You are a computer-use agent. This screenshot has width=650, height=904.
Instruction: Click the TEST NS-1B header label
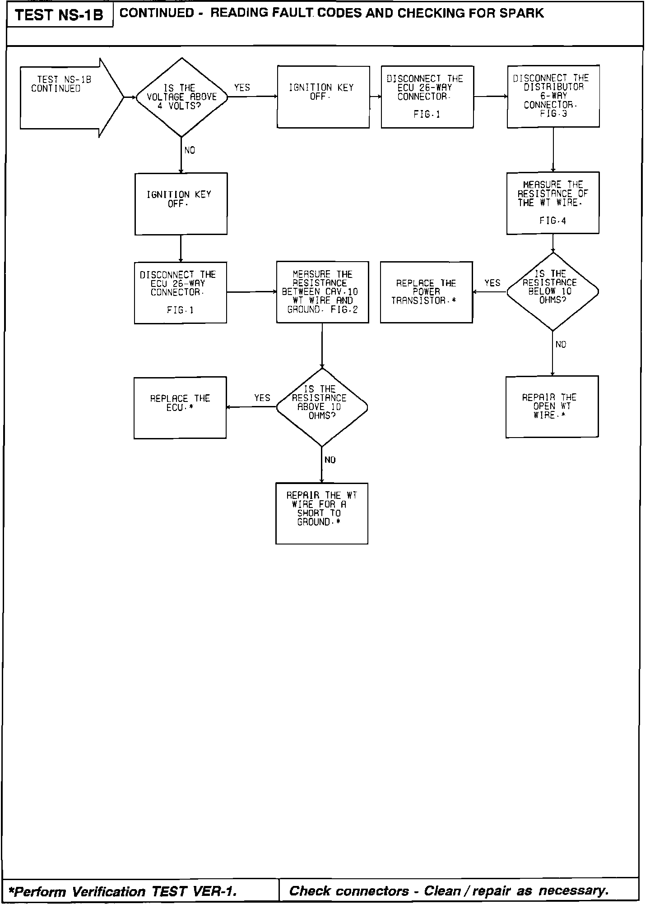click(x=59, y=15)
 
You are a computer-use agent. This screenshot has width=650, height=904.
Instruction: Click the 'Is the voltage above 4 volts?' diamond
click(x=181, y=97)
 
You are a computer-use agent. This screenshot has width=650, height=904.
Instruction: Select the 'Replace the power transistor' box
click(x=426, y=292)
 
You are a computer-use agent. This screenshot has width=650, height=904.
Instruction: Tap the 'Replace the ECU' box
click(x=180, y=407)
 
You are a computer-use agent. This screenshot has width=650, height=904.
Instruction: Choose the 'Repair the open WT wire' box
click(x=552, y=406)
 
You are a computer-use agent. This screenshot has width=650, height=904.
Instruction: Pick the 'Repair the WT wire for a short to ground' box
click(x=321, y=513)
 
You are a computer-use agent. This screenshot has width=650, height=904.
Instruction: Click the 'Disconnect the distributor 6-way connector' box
click(x=553, y=96)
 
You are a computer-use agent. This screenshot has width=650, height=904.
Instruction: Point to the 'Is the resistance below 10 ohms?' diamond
click(x=552, y=292)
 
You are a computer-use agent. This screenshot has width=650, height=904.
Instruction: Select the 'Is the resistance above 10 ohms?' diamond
click(x=321, y=407)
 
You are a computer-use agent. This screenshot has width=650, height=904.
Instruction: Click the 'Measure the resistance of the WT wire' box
click(x=552, y=203)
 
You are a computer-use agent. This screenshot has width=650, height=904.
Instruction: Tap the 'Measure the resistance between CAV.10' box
click(x=322, y=292)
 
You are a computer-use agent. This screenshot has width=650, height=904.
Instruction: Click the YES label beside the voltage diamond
click(x=242, y=88)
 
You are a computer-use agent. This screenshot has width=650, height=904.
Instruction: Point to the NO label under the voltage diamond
click(x=190, y=150)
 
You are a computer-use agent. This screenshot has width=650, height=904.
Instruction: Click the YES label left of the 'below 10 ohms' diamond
click(x=492, y=283)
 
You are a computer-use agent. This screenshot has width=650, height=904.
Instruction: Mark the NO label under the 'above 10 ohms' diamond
click(x=330, y=460)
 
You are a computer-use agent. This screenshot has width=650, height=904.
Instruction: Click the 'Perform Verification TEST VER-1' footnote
click(x=123, y=891)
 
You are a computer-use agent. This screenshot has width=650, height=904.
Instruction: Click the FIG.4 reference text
click(x=552, y=221)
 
